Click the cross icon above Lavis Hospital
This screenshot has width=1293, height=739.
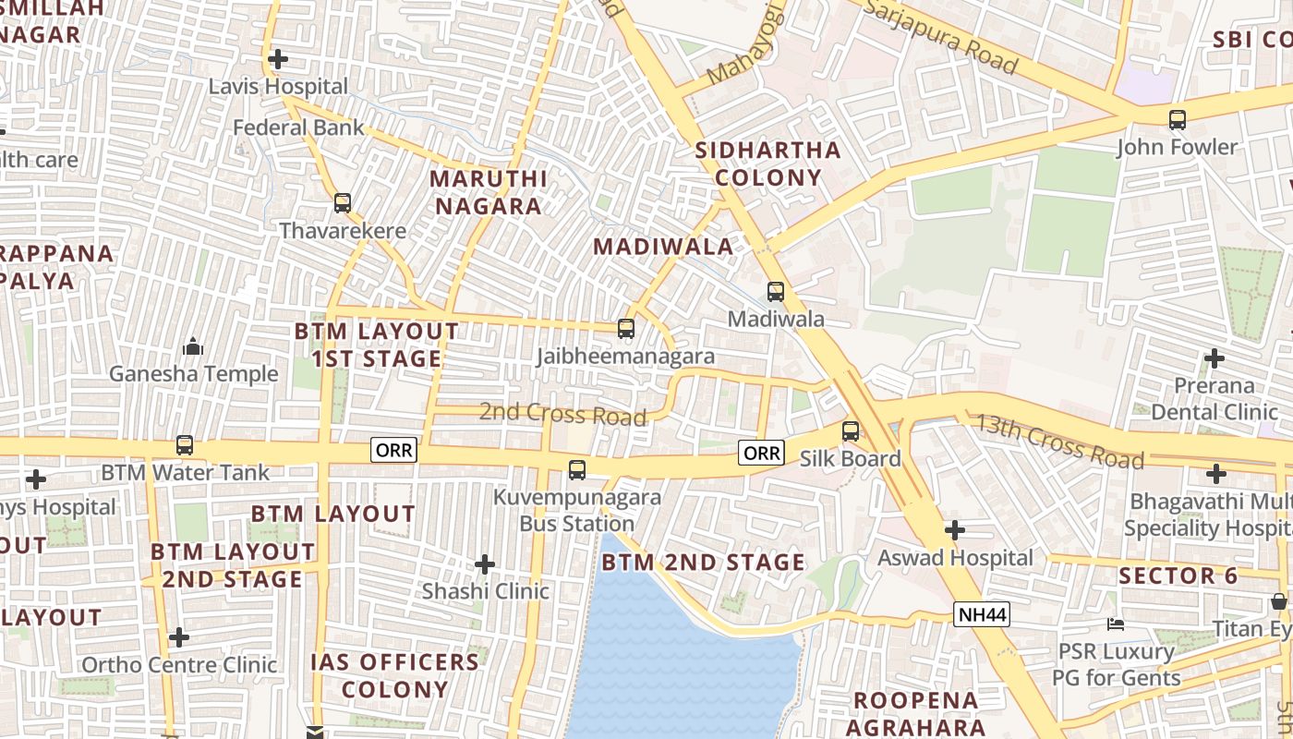(x=277, y=59)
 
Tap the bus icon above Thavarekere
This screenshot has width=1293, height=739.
(x=343, y=202)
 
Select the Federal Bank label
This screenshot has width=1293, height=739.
(x=298, y=127)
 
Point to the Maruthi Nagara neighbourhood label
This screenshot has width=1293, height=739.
(x=489, y=192)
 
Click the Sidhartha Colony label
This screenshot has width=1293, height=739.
(x=767, y=164)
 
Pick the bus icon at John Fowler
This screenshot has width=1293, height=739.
(x=1177, y=119)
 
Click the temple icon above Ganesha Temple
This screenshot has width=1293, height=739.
(x=193, y=346)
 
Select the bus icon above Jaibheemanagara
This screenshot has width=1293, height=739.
(x=626, y=328)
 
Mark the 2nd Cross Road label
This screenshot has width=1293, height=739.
(x=562, y=414)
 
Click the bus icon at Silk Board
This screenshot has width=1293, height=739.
(x=851, y=430)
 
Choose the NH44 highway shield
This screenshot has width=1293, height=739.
(x=982, y=614)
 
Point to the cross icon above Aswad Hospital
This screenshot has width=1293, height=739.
(x=955, y=530)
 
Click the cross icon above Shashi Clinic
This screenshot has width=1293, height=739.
(x=485, y=563)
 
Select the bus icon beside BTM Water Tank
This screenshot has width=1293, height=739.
(x=185, y=445)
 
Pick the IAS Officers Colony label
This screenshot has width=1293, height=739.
(x=395, y=675)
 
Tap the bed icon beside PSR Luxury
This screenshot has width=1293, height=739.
(x=1116, y=624)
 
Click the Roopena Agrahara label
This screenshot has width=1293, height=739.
(x=914, y=713)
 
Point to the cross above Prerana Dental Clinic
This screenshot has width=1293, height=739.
(x=1214, y=357)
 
